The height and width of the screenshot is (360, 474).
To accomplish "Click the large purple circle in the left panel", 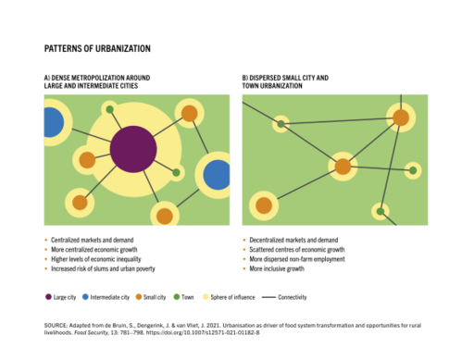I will pos(133,149).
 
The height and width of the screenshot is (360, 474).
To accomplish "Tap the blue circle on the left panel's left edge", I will pos(50,122).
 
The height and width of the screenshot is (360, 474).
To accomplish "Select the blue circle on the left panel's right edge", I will pos(218,174).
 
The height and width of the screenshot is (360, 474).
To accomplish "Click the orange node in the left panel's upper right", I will pos(189,113).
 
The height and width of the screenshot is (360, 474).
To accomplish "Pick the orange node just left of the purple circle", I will pos(87,160).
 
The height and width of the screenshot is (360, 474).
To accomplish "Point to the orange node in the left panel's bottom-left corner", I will pos(80,203).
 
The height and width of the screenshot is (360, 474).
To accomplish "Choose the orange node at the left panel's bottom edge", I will pos(164,216).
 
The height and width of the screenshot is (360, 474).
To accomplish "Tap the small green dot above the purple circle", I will pos(109,109).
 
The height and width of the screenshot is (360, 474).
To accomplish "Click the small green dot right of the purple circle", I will pos(176,172).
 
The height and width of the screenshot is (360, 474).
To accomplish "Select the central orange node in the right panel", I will pos(343,167).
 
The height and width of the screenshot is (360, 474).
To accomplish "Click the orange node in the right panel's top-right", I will pos(401,118).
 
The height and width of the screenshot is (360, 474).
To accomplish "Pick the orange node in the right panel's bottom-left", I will pos(264,205).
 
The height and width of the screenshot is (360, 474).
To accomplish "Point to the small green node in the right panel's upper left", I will pos(281,124).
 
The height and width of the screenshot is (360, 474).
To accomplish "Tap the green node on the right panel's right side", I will pos(413,170).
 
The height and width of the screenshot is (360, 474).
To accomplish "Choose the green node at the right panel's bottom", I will pos(380,211).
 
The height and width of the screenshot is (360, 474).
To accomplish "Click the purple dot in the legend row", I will pos(48,297).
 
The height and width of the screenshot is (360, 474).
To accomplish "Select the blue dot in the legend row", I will pos(85,297).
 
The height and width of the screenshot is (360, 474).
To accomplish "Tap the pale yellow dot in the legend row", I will pos(206,297).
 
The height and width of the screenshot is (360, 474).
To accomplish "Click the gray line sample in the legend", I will pos(268,297).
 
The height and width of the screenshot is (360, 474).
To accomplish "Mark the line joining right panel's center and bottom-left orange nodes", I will pos(304,186).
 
